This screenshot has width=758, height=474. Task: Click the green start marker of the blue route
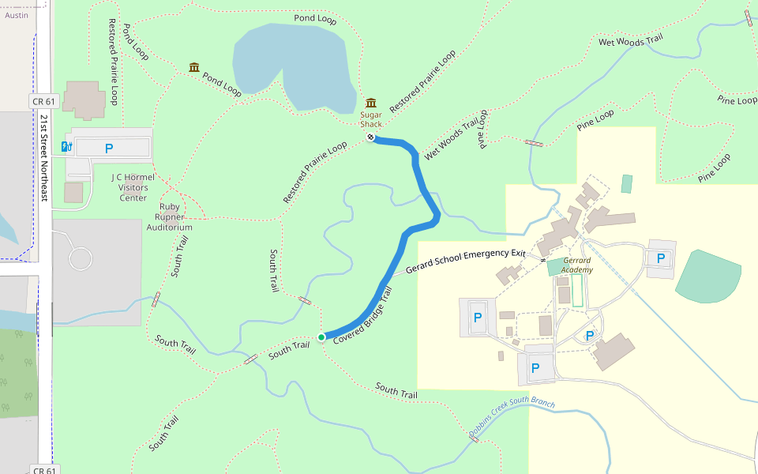[321, 337]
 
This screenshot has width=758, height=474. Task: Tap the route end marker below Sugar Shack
[370, 137]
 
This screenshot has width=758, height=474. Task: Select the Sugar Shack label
[371, 119]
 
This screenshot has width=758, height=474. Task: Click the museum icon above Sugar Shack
[371, 103]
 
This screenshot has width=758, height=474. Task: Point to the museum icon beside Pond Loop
[194, 67]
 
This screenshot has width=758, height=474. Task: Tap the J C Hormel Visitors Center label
[133, 187]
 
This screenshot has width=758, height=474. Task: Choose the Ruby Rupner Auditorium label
[170, 216]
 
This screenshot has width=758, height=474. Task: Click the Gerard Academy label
[577, 265]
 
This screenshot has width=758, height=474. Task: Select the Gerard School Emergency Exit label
[465, 261]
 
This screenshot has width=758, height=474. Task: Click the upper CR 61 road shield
[43, 101]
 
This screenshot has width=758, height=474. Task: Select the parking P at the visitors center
[109, 148]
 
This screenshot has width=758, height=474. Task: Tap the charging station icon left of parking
[70, 146]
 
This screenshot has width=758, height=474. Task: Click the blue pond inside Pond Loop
[292, 67]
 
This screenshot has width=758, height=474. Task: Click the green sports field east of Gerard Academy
[708, 276]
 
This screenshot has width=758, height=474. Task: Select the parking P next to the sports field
[661, 258]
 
